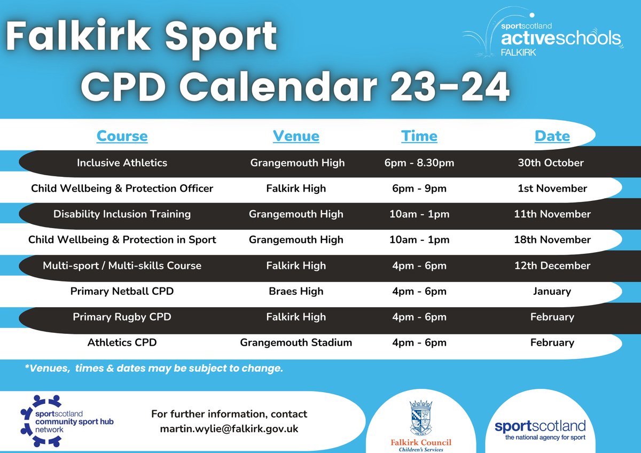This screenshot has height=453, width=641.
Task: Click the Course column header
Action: click(122, 136)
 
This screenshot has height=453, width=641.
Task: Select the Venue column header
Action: click(296, 136)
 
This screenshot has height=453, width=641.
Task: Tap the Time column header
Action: click(419, 136)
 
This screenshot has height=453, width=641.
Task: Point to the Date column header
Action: click(552, 136)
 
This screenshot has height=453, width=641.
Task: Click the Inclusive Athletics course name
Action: click(122, 163)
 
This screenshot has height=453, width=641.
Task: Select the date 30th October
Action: click(551, 163)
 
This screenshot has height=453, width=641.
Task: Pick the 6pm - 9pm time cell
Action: click(419, 189)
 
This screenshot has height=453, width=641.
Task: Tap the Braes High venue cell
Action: click(296, 291)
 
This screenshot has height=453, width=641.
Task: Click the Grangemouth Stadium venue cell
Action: click(296, 342)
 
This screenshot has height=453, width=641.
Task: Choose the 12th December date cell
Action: click(552, 265)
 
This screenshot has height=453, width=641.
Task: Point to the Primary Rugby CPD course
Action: click(122, 317)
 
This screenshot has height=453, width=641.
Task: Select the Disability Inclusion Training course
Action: click(122, 214)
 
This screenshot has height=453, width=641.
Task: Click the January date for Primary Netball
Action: click(552, 291)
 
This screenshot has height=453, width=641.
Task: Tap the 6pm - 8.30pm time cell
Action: click(419, 163)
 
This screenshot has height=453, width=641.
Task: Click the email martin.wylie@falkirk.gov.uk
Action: click(229, 428)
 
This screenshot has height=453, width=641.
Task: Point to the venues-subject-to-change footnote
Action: click(153, 369)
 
